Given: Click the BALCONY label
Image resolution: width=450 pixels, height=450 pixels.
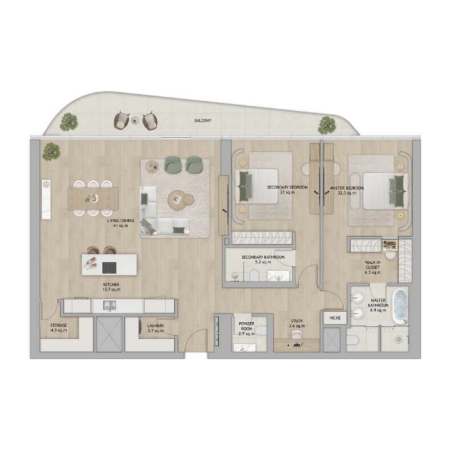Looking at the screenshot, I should point(202,120).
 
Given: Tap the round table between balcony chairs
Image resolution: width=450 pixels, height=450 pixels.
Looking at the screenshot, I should point(136,119).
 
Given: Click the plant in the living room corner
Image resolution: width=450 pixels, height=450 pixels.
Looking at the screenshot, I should point(51,151).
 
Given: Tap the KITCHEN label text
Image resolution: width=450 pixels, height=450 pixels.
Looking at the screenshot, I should point(111,288).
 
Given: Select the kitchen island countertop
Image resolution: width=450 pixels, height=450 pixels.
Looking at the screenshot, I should point(109,264).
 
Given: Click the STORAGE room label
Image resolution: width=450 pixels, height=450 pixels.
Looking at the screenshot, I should point(58,328).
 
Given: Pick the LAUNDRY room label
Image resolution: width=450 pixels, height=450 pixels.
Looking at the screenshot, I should point(155,328).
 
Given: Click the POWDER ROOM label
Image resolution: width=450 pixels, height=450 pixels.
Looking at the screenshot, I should point(247,328).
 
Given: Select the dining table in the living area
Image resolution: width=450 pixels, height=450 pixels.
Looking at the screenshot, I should point(93,199).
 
